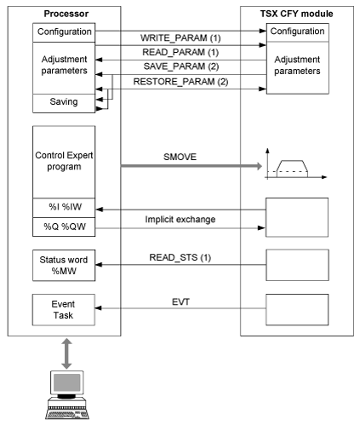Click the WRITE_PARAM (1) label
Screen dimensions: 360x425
click(180, 37)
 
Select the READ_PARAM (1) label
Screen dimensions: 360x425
click(180, 52)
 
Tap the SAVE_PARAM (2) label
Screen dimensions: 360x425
click(181, 66)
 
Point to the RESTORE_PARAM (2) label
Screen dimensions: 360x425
click(180, 82)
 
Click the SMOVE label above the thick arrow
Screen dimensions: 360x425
click(180, 157)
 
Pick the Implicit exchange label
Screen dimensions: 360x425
click(180, 220)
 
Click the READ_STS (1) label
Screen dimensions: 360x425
click(180, 257)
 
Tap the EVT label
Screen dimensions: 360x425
click(180, 302)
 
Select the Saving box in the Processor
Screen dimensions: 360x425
click(64, 103)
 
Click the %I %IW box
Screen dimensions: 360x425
click(64, 208)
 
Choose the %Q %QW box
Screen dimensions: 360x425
click(64, 227)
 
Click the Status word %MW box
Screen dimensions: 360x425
click(64, 266)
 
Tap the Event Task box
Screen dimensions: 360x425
click(64, 310)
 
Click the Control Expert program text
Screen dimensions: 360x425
click(64, 161)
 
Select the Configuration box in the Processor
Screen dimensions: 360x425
click(64, 32)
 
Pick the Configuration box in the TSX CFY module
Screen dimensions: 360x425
click(298, 32)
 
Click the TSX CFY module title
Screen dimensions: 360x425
click(297, 14)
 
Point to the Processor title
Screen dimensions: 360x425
click(66, 14)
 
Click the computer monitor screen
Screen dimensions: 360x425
click(67, 382)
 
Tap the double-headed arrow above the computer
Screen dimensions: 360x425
click(66, 353)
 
